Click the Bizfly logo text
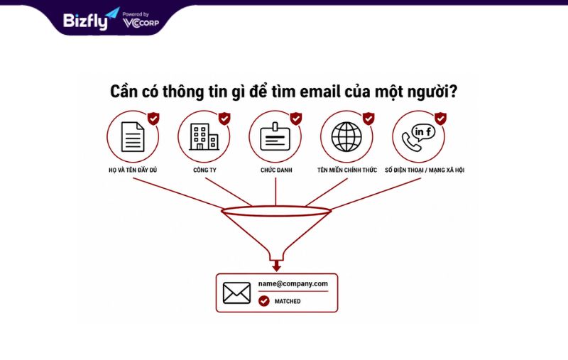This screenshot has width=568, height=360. point(85,21)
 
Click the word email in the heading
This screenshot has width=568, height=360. point(320,92)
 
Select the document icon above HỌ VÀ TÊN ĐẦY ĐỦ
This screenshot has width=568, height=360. point(133,136)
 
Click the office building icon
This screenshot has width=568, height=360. point(204,136)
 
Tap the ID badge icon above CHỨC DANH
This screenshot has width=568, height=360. point(275,136)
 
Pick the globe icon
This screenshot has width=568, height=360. point(346,136)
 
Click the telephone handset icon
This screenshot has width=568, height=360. point(412,142)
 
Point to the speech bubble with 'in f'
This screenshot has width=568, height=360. point(423,132)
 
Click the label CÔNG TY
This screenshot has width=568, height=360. point(204,170)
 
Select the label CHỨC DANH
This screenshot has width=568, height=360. point(276,170)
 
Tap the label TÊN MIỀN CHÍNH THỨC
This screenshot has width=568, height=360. point(347,170)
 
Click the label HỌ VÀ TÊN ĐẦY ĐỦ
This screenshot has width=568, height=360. point(133,170)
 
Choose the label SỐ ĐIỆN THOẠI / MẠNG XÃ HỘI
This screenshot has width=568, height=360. point(425,170)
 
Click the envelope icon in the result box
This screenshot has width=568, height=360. point(236,293)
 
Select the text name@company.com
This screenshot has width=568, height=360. point(293,284)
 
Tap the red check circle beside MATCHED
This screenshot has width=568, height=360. point(264,301)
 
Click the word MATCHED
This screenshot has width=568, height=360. point(288,301)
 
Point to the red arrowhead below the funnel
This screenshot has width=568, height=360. point(277,266)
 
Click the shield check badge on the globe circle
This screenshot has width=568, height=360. point(368,119)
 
